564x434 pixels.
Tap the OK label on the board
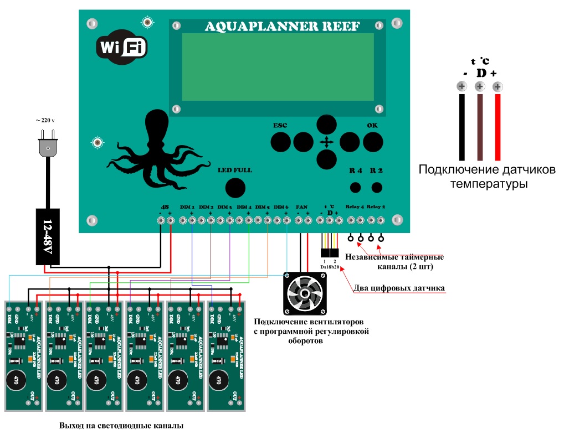coord(372,125)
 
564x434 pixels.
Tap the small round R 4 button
coord(356,187)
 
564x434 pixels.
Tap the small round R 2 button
coord(377,187)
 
